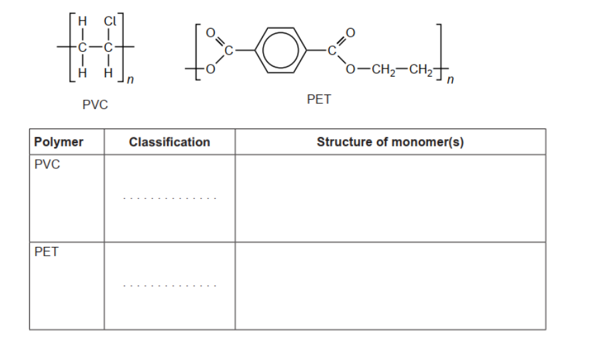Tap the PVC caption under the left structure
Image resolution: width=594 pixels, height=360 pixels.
(x=95, y=104)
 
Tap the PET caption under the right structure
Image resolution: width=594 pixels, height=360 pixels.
(x=319, y=99)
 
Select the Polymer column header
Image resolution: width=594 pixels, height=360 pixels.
(x=59, y=142)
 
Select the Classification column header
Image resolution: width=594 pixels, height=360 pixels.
(x=169, y=142)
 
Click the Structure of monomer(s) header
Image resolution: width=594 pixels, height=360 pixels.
(x=390, y=142)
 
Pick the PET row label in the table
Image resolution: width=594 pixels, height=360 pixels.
(x=46, y=252)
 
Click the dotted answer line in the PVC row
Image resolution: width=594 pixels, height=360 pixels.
(x=169, y=198)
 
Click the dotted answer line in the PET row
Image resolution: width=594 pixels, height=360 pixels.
(x=169, y=286)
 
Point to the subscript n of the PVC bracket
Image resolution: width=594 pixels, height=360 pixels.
(x=131, y=81)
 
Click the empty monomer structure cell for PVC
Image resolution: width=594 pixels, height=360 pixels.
(x=390, y=198)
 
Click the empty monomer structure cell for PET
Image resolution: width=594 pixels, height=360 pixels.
(x=390, y=285)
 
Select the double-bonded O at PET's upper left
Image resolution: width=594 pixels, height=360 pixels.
(x=212, y=31)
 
